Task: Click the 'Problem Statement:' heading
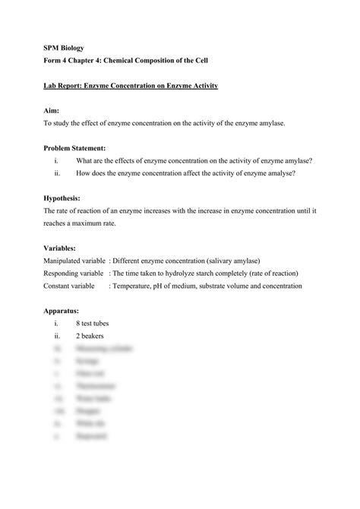click(x=74, y=147)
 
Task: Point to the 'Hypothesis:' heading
click(x=62, y=197)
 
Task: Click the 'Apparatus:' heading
click(x=61, y=311)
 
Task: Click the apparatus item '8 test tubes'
click(x=93, y=323)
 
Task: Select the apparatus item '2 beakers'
click(x=90, y=335)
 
